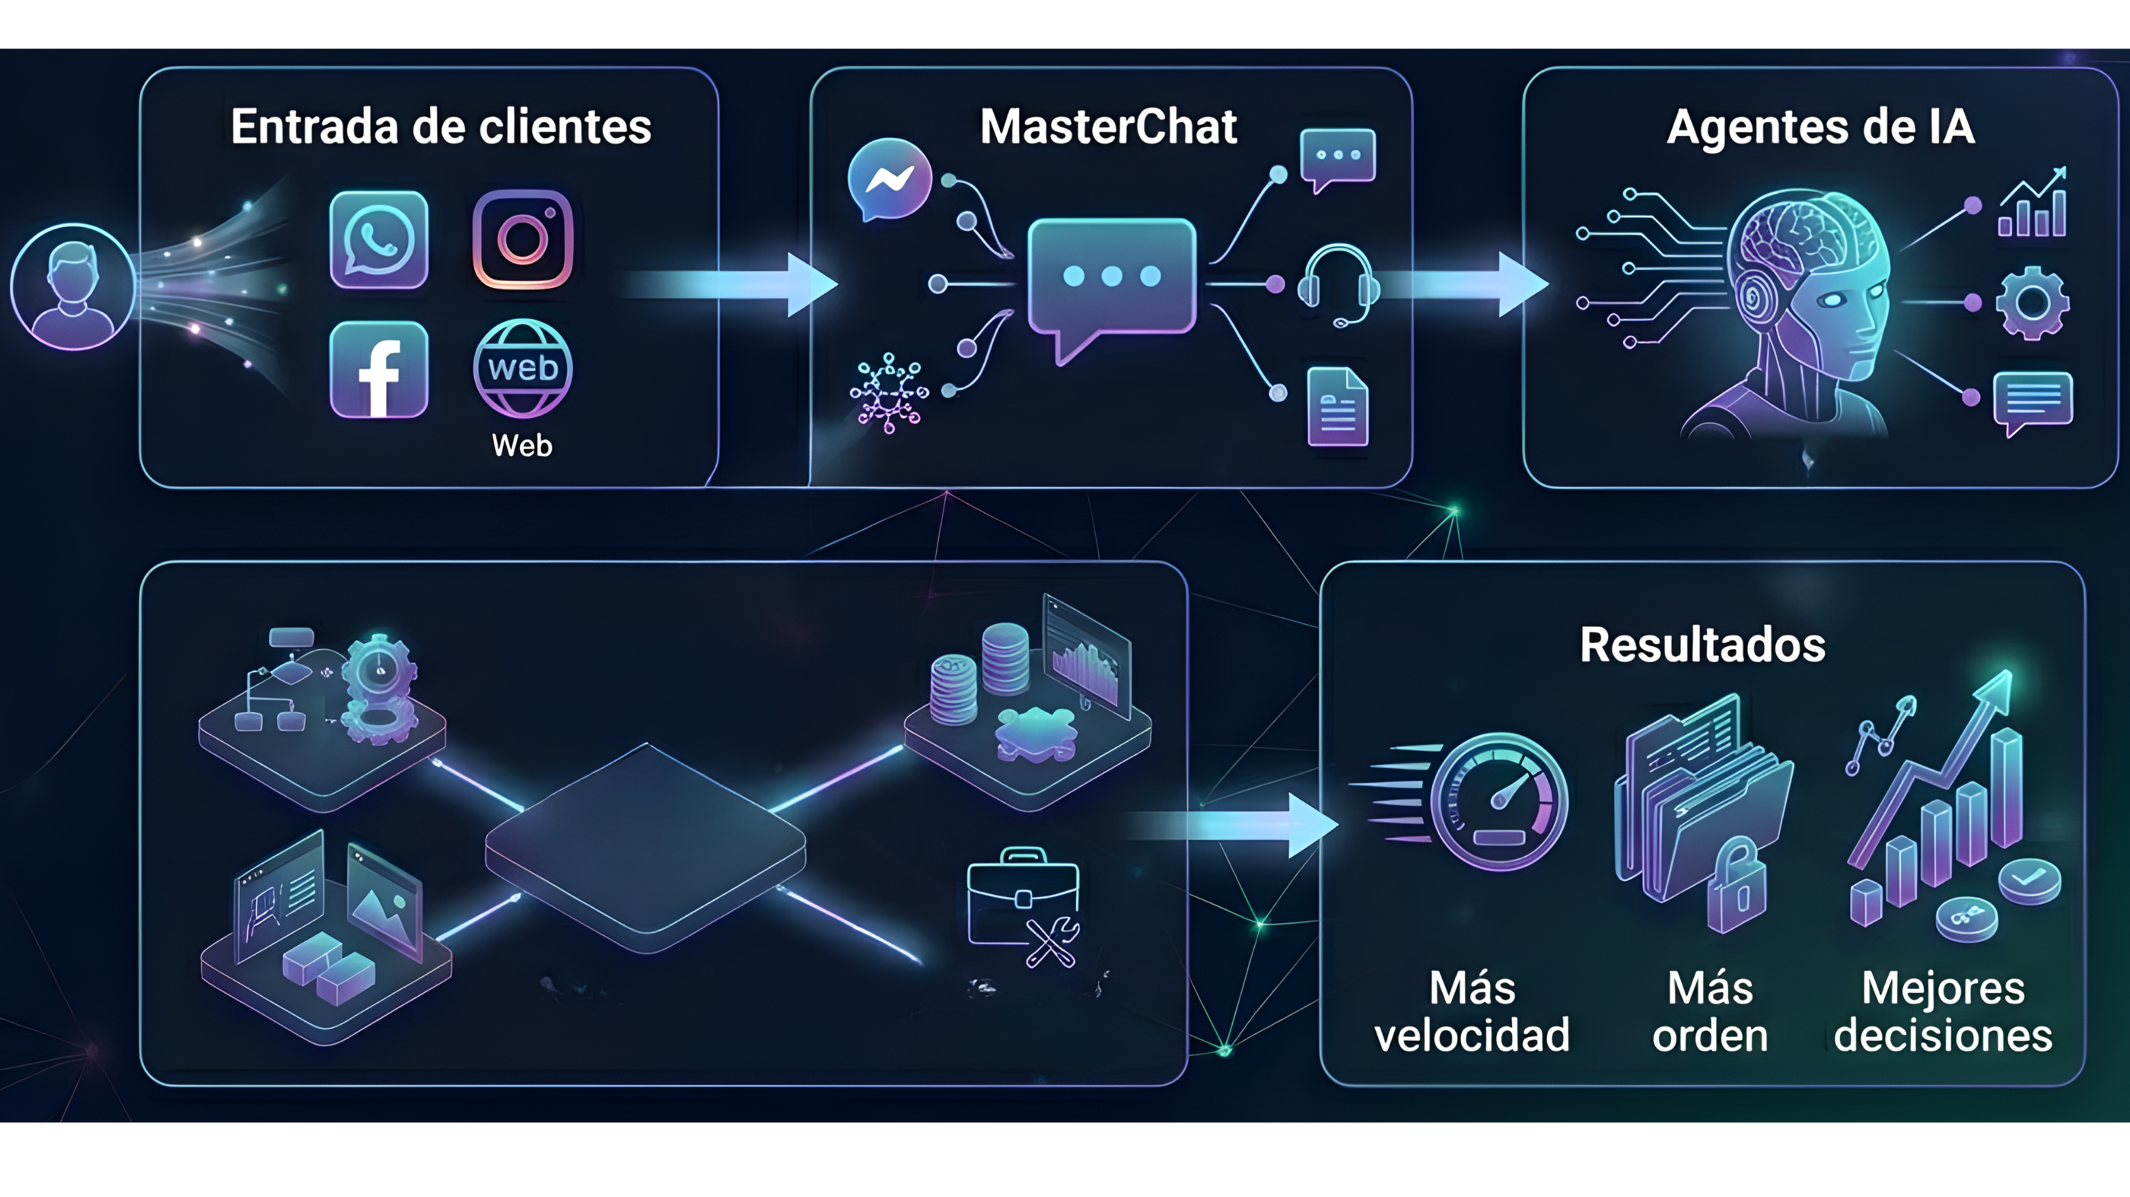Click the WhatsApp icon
tap(379, 240)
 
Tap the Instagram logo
tap(523, 240)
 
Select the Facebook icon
tap(379, 369)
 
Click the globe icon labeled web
tap(523, 369)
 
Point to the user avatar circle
tap(73, 287)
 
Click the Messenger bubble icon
tap(889, 178)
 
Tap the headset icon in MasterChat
tap(1337, 284)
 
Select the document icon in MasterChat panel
tap(1337, 408)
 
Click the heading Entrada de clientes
tap(441, 127)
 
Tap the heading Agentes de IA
tap(1820, 127)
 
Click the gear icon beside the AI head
tap(2032, 303)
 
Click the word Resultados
tap(1703, 645)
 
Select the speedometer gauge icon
tap(1498, 802)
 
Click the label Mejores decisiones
tap(1942, 1011)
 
